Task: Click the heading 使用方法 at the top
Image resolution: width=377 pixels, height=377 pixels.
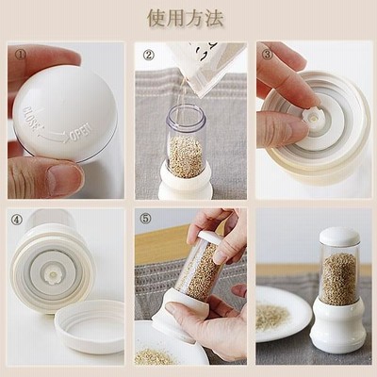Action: [x=186, y=19]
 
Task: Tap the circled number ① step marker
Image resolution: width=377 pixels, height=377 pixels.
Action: [x=20, y=55]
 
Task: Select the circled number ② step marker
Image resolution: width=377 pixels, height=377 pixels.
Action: [x=149, y=56]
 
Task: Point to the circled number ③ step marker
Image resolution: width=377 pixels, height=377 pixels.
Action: [x=267, y=55]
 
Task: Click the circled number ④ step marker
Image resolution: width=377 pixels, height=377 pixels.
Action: [x=17, y=220]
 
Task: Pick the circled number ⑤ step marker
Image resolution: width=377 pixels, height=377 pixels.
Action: [x=145, y=219]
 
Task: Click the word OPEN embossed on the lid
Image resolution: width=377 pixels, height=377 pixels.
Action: [x=81, y=132]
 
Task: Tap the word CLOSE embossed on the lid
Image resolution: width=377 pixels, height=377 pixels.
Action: [x=31, y=119]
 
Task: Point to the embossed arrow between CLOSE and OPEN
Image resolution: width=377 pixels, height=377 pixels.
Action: [x=54, y=136]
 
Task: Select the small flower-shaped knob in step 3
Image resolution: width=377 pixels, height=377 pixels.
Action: [x=311, y=117]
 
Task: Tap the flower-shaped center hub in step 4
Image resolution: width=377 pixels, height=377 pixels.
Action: [x=53, y=276]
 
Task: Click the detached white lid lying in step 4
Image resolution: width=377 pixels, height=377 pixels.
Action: [x=90, y=327]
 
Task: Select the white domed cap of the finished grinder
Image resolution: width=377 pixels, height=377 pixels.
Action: [x=339, y=236]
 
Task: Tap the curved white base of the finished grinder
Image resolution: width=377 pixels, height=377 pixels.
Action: [x=337, y=320]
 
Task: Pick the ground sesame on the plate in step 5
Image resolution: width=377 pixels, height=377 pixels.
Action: [x=154, y=356]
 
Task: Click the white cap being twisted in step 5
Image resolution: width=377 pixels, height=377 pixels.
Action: [x=210, y=238]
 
